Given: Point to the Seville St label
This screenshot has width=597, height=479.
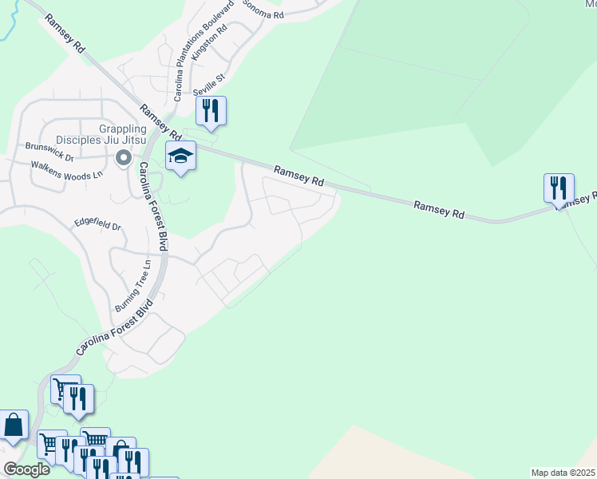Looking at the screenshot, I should click(211, 83).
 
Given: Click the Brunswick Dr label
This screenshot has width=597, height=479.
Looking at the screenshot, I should click(49, 147).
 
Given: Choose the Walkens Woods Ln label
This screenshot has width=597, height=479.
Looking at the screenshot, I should click(67, 169).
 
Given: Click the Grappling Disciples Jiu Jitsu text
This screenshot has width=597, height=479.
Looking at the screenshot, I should click(122, 135).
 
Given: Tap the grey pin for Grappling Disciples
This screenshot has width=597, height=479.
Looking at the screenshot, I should click(123, 159).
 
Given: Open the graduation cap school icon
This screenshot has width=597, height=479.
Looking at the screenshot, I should click(180, 156).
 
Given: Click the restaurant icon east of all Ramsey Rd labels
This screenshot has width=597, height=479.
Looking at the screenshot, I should click(559, 188).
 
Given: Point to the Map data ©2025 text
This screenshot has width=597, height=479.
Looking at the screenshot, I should click(563, 473).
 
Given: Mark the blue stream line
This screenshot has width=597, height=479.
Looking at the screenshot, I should click(11, 24).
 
